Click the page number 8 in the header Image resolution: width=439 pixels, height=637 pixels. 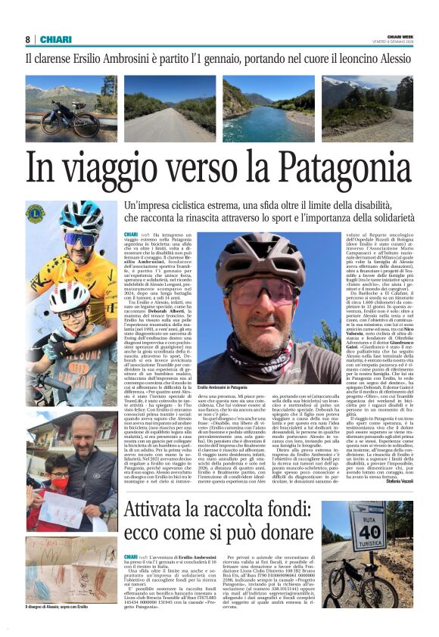pyautogui.click(x=27, y=39)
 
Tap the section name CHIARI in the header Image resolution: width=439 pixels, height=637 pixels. pyautogui.click(x=56, y=39)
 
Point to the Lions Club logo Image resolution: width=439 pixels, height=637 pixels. pyautogui.click(x=36, y=214)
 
